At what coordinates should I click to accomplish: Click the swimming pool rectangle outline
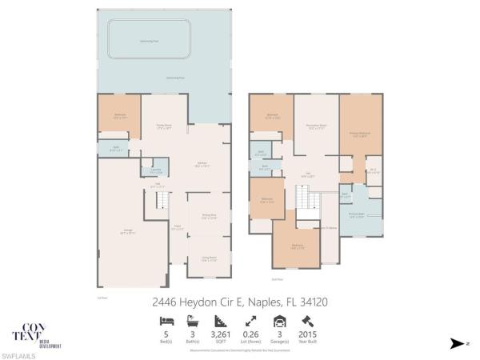[x=150, y=38]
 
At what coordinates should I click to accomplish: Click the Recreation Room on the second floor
[x=314, y=128]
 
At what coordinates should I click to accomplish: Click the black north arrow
[x=456, y=344]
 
